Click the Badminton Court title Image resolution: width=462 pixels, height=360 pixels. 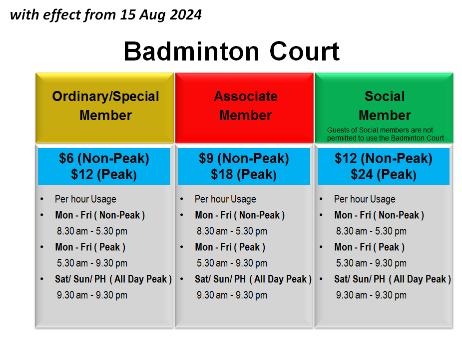(x=232, y=51)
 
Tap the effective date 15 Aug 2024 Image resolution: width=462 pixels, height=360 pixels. (x=161, y=15)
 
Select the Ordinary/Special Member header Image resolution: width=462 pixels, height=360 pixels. (x=105, y=105)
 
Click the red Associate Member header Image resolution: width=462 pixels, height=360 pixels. (x=245, y=105)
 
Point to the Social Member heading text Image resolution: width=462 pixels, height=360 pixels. (x=385, y=105)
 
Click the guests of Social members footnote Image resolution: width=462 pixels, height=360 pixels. (x=385, y=134)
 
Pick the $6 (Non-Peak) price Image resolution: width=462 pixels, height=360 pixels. (x=104, y=158)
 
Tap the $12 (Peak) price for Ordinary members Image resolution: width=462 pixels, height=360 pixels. (x=104, y=174)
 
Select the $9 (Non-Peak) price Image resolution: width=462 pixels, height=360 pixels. (x=244, y=158)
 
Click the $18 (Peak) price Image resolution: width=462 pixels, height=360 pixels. (x=244, y=174)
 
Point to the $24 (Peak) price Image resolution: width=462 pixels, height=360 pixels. (x=383, y=174)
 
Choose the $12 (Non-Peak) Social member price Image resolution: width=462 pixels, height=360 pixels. (x=383, y=158)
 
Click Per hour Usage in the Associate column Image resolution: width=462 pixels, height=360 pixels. (x=225, y=199)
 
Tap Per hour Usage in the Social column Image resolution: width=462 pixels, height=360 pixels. (x=365, y=199)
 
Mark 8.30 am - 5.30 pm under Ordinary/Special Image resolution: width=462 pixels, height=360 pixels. (x=92, y=231)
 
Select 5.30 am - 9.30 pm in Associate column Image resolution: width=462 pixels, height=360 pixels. (x=232, y=263)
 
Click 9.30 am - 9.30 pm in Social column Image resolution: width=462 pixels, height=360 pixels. (x=371, y=295)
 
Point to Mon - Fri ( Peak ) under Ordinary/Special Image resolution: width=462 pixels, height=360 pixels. (x=90, y=247)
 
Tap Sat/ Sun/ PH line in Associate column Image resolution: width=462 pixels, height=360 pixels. (x=253, y=279)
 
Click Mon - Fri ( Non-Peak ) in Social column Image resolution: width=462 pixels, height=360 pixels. (x=379, y=215)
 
